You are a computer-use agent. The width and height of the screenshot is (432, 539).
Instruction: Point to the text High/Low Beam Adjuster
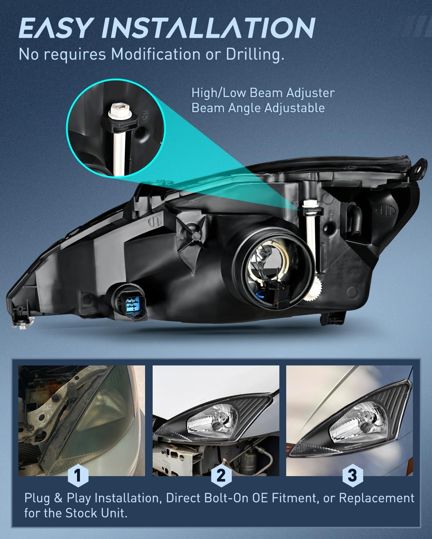point(263,93)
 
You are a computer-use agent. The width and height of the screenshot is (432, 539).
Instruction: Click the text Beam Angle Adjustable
point(258,108)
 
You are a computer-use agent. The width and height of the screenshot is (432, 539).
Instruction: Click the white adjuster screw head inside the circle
point(117,107)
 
